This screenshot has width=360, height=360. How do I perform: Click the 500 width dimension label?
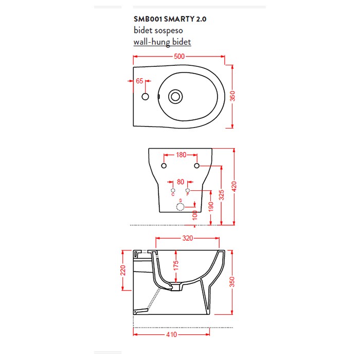pos(179,57)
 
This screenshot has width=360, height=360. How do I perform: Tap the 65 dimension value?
pos(139,81)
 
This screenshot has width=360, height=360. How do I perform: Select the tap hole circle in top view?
pos(145,97)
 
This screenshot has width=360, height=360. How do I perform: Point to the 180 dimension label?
pos(181,155)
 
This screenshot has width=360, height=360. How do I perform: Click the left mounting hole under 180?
pos(164,166)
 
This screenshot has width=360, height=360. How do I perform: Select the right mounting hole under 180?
pos(197,166)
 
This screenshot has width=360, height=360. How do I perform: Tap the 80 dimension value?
pos(181,182)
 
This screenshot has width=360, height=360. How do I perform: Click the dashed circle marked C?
pos(173,190)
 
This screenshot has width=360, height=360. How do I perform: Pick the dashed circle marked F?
pos(188,190)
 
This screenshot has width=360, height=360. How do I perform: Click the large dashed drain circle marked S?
pos(180,207)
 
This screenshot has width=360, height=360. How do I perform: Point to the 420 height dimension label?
pos(234,186)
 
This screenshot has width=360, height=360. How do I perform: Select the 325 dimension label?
pos(222,195)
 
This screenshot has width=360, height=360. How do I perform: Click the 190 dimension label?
pos(211,207)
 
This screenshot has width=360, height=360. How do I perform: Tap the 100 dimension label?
pos(195,215)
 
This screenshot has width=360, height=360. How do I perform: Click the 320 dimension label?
pos(188,238)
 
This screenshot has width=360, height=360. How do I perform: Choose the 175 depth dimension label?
pos(176,266)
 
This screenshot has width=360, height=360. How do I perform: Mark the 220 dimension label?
pos(123,270)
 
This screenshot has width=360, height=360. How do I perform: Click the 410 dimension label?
pos(171,334)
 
